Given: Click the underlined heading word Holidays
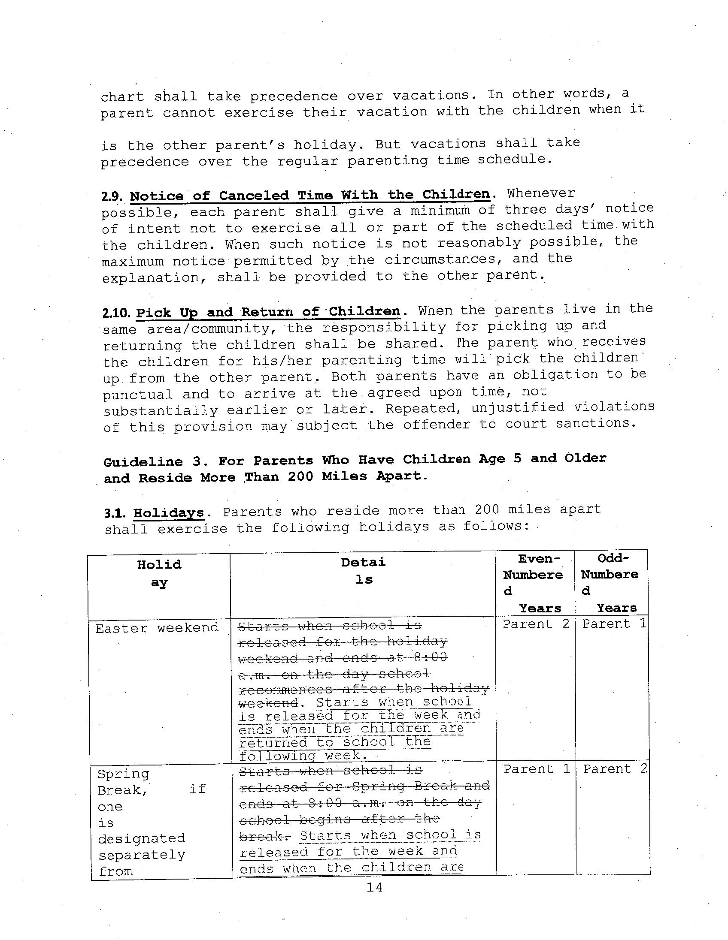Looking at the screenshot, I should [168, 513].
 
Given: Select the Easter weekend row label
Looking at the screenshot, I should [157, 628].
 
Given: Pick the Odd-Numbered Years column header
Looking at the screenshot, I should [610, 583].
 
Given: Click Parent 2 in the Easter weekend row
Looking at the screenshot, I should [536, 624].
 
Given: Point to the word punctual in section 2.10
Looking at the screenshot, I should [137, 395].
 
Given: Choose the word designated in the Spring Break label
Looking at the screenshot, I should [141, 838].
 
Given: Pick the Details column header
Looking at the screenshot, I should [363, 571].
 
